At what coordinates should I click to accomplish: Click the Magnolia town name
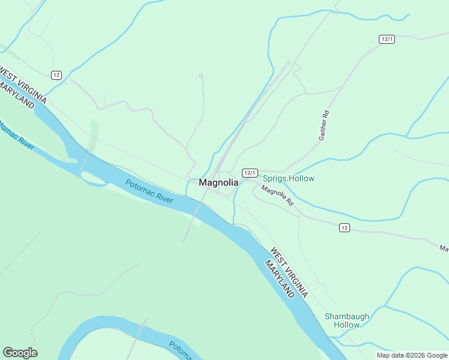click(x=218, y=182)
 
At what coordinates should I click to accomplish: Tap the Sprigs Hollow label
click(x=289, y=179)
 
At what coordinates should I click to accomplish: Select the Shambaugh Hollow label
click(x=347, y=320)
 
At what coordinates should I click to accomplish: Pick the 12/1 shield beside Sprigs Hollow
click(x=250, y=173)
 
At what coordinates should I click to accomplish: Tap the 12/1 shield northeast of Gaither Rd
click(x=387, y=39)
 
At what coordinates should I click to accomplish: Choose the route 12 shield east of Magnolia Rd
click(x=344, y=227)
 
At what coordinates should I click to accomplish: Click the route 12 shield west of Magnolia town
click(x=56, y=75)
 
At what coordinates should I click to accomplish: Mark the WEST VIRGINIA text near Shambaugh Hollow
click(x=289, y=273)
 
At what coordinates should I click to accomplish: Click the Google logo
click(x=20, y=353)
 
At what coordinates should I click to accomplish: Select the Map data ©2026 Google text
click(x=412, y=355)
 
